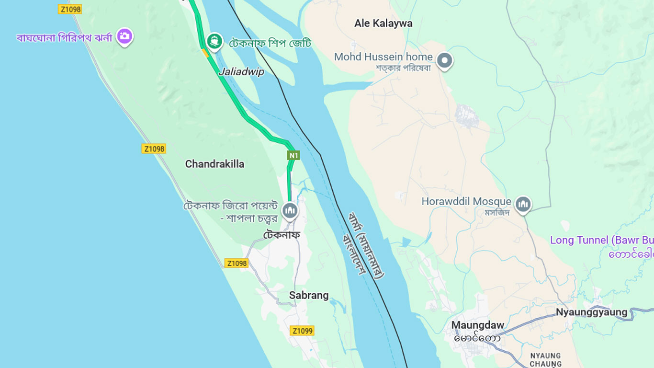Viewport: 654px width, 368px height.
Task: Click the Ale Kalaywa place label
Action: click(x=383, y=23)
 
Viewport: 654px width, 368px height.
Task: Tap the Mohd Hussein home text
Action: click(x=383, y=57)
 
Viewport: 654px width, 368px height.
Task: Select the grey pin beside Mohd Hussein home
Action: click(x=445, y=61)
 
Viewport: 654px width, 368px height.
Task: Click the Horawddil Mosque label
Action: click(x=466, y=202)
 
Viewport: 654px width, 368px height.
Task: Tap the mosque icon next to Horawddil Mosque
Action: click(x=523, y=205)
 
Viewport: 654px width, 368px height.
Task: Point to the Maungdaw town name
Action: click(x=477, y=325)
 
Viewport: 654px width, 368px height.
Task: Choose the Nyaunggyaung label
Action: click(x=591, y=312)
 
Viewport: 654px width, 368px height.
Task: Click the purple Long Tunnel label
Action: click(x=601, y=240)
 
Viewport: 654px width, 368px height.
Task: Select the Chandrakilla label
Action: click(x=214, y=164)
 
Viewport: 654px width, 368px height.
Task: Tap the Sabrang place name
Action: click(x=309, y=296)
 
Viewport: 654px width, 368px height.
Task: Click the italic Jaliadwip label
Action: click(x=241, y=72)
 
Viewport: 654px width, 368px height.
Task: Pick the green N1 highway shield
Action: click(x=293, y=155)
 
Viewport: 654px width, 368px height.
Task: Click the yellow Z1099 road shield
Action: click(x=302, y=331)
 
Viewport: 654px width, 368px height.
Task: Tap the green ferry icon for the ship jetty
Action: click(x=214, y=41)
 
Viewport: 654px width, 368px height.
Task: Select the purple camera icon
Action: click(x=125, y=36)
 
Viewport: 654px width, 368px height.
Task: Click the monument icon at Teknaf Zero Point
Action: click(x=290, y=210)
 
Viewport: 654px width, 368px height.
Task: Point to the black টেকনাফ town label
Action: click(x=282, y=235)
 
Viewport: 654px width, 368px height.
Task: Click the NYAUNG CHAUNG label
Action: click(x=545, y=360)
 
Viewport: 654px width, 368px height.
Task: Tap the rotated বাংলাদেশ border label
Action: click(x=355, y=253)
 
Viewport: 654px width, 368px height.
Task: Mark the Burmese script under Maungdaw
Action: click(x=477, y=338)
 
